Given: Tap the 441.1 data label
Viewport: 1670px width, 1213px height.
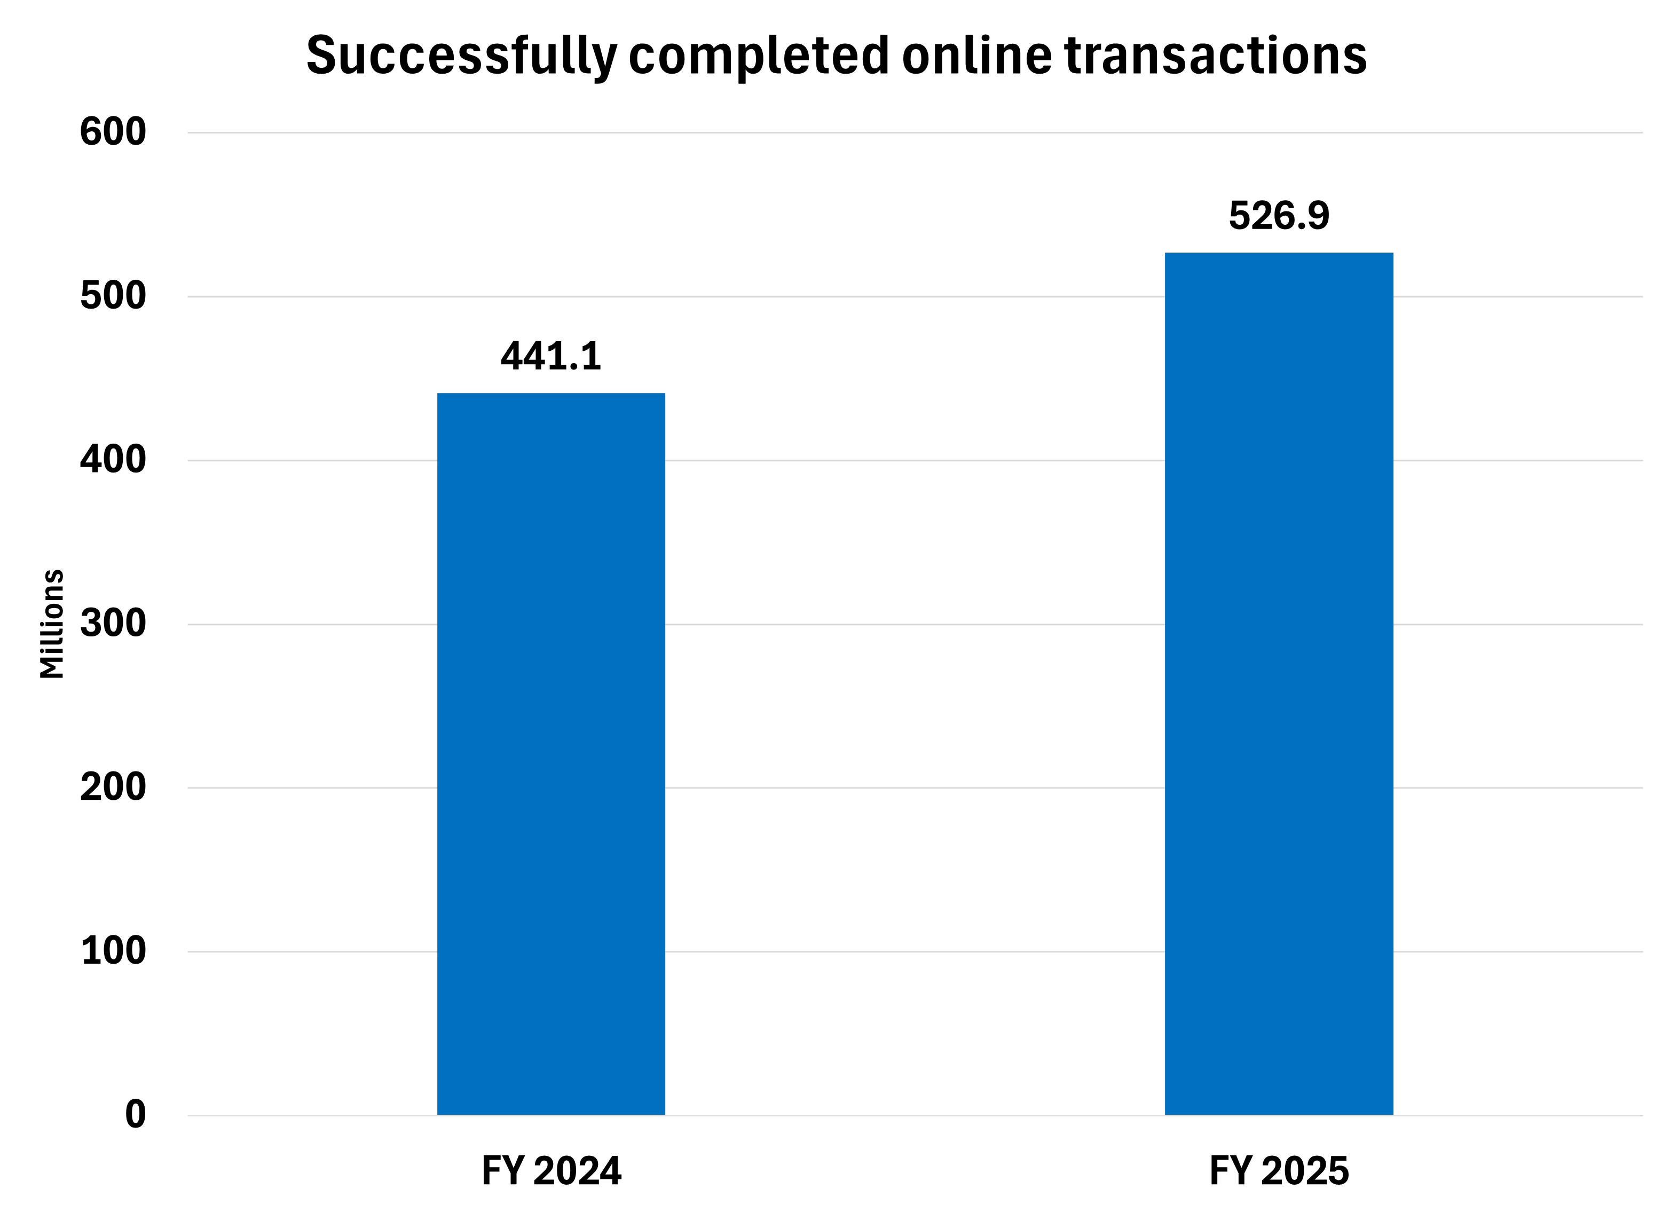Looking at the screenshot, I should pyautogui.click(x=551, y=357).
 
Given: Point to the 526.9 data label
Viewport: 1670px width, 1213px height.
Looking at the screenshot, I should pyautogui.click(x=1279, y=216).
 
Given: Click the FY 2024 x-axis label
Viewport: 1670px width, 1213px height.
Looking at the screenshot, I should pyautogui.click(x=551, y=1171).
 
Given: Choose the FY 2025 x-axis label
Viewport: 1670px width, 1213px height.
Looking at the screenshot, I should pyautogui.click(x=1279, y=1171).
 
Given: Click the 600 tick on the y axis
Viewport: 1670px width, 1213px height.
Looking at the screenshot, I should pyautogui.click(x=113, y=132).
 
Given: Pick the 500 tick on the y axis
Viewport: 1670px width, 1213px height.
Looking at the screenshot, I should pyautogui.click(x=113, y=296).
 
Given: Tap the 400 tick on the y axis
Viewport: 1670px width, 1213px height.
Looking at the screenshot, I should pyautogui.click(x=113, y=460).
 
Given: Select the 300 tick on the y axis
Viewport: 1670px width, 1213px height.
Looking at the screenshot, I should pyautogui.click(x=113, y=624).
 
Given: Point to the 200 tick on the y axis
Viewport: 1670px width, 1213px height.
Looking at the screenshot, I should pyautogui.click(x=113, y=787).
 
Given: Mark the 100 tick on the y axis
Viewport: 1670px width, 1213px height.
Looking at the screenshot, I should pyautogui.click(x=113, y=951).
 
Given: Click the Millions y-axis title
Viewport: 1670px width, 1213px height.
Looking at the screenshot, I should pyautogui.click(x=52, y=623).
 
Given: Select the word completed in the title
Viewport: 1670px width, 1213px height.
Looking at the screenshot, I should pyautogui.click(x=759, y=56).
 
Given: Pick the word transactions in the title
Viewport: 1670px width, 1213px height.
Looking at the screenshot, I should pyautogui.click(x=1215, y=56).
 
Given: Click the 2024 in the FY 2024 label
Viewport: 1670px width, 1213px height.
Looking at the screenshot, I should pyautogui.click(x=577, y=1171).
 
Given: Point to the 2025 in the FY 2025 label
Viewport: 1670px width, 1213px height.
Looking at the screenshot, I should pyautogui.click(x=1305, y=1171).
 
